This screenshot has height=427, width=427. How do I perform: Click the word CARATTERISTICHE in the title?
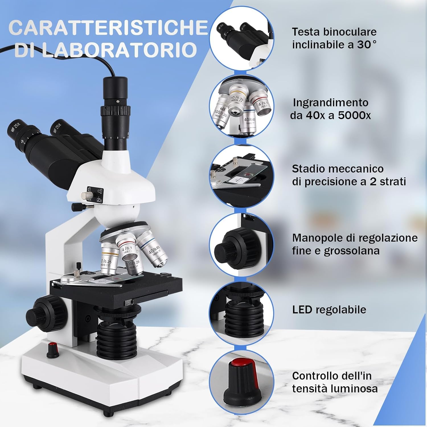tap(108, 28)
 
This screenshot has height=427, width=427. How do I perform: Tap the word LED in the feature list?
tap(302, 310)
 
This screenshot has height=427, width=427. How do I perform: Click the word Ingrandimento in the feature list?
tap(330, 102)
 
